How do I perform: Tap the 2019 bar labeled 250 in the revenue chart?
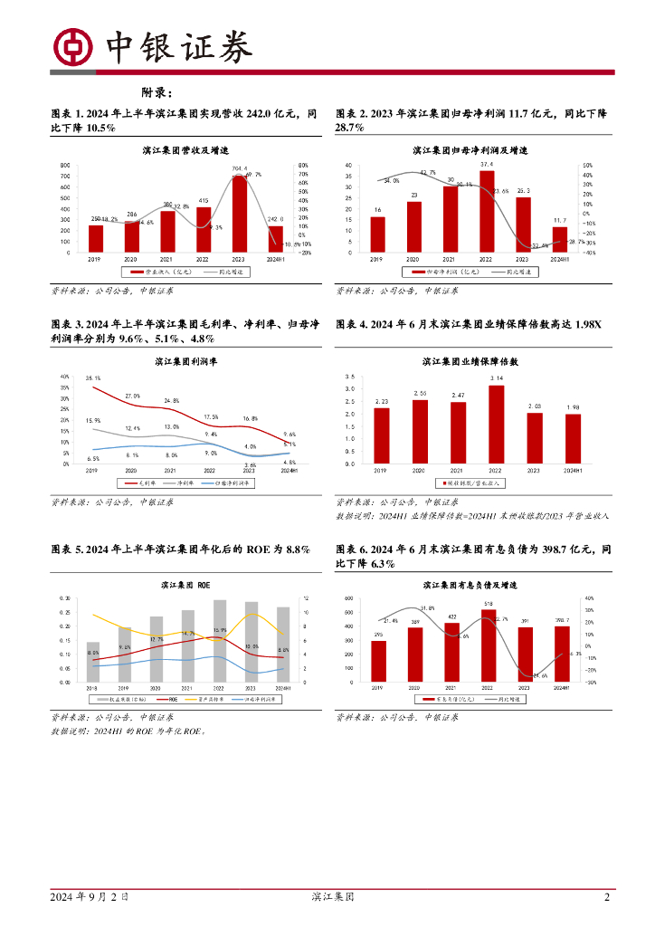click(95, 238)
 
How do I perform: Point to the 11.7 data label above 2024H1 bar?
click(558, 221)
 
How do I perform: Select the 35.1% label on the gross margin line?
click(93, 378)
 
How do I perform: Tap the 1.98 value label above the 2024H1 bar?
click(573, 407)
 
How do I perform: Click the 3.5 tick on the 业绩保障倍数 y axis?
click(350, 376)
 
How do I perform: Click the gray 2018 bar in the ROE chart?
click(93, 662)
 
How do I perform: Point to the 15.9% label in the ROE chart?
click(220, 630)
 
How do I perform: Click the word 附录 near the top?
click(156, 92)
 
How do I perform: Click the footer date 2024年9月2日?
click(88, 897)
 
